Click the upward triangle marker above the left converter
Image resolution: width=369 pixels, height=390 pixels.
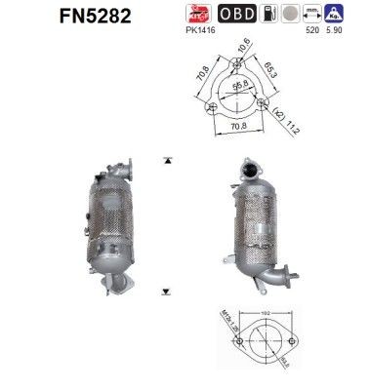pyautogui.click(x=169, y=157)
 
